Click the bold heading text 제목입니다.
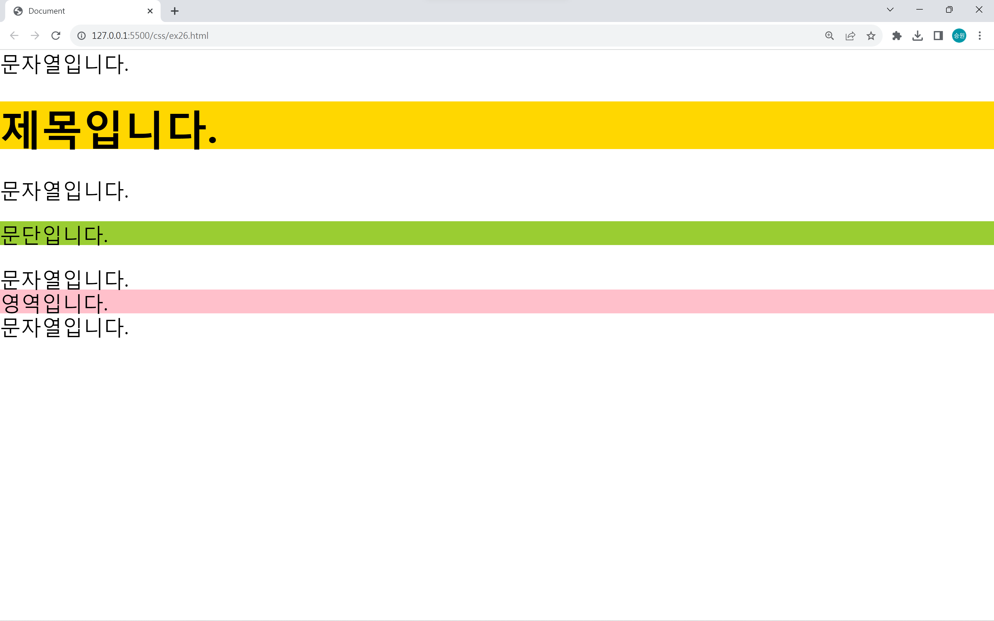(x=109, y=129)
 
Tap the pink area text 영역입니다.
(x=54, y=303)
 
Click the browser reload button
(x=56, y=36)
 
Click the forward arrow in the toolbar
(x=35, y=36)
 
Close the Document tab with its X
(x=150, y=11)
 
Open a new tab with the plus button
(x=174, y=11)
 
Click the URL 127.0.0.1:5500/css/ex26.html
(x=150, y=36)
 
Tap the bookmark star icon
(x=871, y=36)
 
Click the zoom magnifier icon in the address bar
(x=829, y=36)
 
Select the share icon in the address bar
(x=850, y=36)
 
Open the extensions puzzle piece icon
(x=897, y=36)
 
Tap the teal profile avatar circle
(x=959, y=36)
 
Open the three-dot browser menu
(x=980, y=36)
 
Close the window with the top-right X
(x=979, y=10)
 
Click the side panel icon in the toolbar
(x=938, y=36)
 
